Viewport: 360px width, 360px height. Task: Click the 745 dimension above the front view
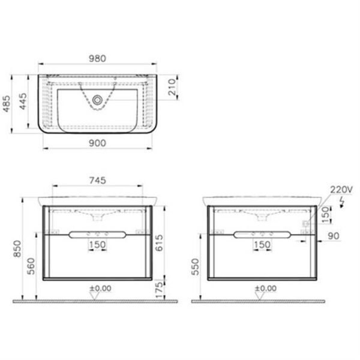coord(99,179)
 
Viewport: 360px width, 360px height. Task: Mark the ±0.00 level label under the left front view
coord(100,288)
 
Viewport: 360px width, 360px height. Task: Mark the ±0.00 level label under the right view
coord(264,288)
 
